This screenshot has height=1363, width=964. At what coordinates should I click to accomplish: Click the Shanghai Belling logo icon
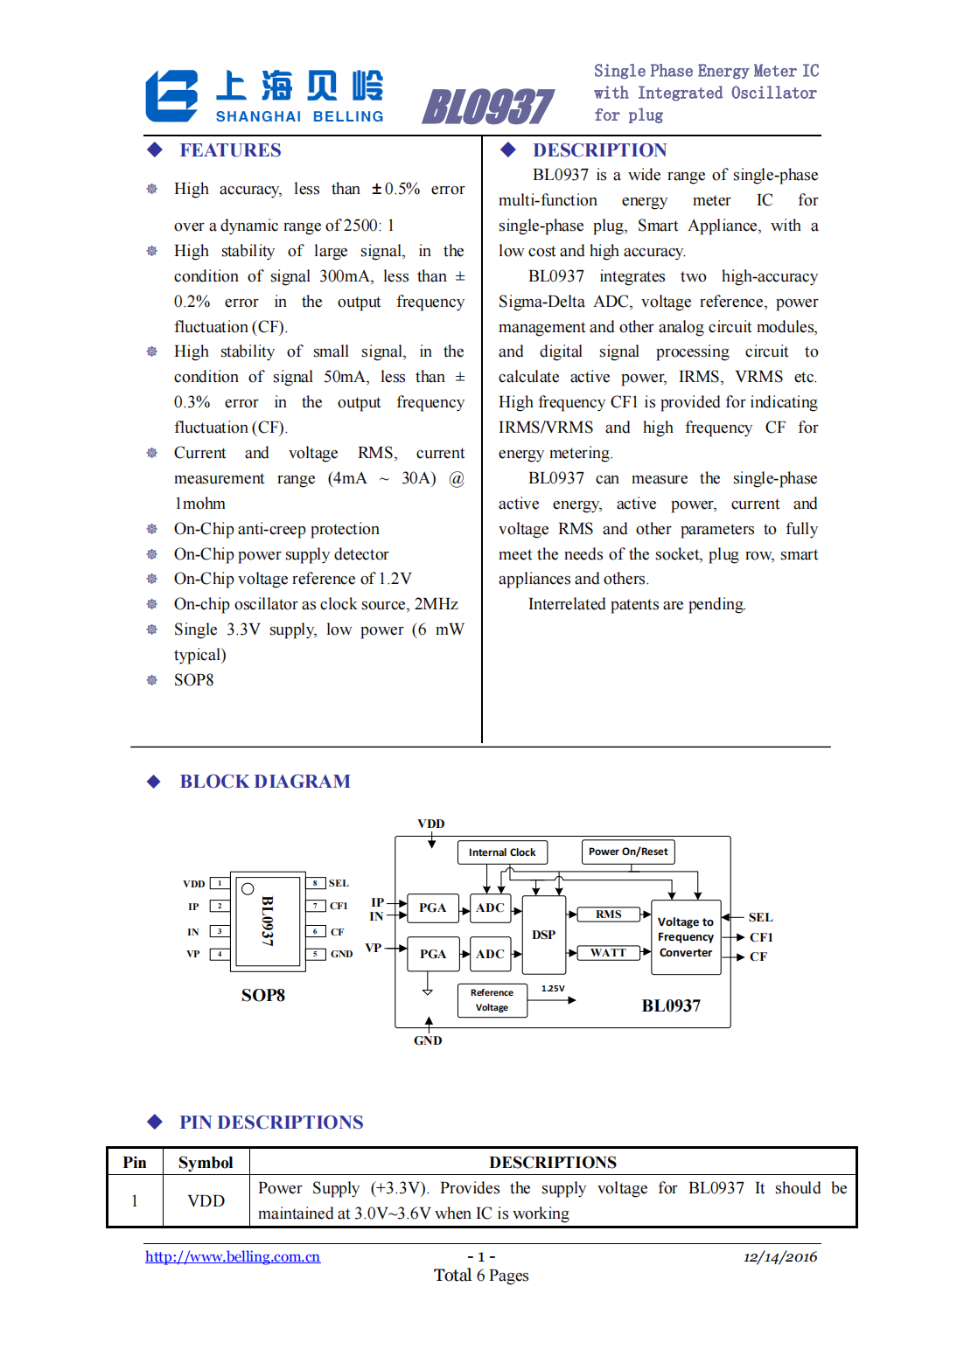coord(171,96)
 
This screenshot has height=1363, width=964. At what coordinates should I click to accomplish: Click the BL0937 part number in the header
coord(487,108)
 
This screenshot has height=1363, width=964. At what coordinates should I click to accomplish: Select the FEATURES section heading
coord(230,150)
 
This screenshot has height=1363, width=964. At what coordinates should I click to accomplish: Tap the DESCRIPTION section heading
coord(599,150)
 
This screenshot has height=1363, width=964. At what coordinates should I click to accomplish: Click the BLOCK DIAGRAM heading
coord(264,782)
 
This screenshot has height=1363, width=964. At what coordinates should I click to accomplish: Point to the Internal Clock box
coord(502,852)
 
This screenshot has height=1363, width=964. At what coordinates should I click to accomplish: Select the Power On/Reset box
coord(628,852)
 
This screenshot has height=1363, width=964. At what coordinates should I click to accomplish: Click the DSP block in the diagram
coord(543,935)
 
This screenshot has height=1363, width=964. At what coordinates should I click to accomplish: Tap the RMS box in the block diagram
coord(609,914)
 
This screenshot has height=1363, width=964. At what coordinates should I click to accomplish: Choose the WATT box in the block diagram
coord(608,953)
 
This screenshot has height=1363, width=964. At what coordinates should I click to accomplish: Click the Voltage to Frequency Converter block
coord(686,937)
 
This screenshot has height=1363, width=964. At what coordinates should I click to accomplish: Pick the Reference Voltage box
coord(492,1000)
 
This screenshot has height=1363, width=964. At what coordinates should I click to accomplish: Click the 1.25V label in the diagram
coord(553,989)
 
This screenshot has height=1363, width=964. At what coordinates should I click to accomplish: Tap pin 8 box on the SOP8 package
coord(315,883)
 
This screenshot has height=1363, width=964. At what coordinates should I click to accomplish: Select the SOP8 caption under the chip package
coord(262,996)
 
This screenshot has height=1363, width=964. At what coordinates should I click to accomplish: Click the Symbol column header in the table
coord(206,1163)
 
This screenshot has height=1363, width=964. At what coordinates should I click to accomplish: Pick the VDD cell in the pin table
coord(206,1201)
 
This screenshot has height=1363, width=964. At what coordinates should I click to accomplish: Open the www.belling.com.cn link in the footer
coord(233,1257)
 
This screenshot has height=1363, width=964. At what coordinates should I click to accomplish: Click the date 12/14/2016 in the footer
coord(780,1257)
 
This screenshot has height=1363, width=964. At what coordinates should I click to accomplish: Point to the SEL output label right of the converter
coord(760,917)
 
